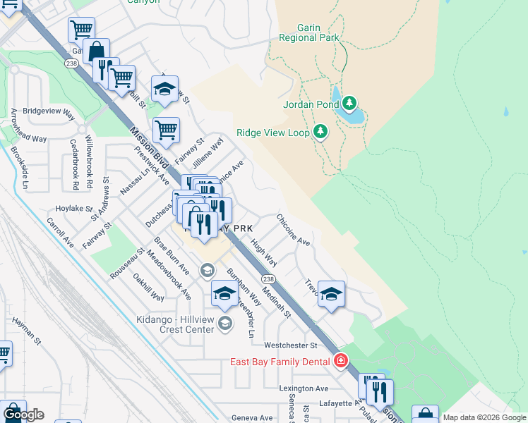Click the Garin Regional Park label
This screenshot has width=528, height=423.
[x=309, y=32]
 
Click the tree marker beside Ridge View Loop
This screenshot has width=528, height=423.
[x=321, y=132]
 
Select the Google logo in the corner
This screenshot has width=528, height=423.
[x=23, y=415]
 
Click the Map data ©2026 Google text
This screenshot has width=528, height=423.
[x=484, y=417]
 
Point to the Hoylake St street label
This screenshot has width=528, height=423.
[x=74, y=209]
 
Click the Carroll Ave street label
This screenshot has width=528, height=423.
[x=60, y=231]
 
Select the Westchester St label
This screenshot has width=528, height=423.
[x=291, y=345]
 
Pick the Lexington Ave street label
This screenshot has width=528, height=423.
[x=304, y=388]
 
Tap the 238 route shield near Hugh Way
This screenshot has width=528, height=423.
[x=269, y=279]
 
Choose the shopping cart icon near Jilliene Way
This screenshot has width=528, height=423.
[x=165, y=129]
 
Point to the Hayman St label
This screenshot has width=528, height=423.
[x=28, y=331]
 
